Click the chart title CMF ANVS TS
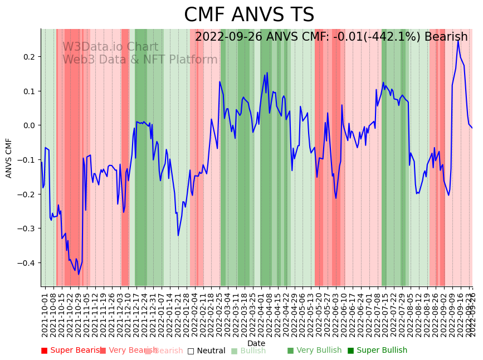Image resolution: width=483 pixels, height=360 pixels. [x=249, y=15]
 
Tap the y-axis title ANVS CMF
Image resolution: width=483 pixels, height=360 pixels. [x=9, y=158]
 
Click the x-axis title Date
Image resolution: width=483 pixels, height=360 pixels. [x=256, y=343]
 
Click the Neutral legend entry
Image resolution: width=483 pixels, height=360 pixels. [x=206, y=351]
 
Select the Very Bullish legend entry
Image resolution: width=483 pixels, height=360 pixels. [x=314, y=351]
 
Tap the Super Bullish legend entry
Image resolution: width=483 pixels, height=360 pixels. [x=377, y=351]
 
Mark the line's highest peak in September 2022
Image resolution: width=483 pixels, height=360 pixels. [x=458, y=40]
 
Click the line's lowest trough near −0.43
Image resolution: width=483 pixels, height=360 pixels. [x=79, y=274]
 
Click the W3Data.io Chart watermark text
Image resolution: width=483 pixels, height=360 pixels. [x=110, y=47]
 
